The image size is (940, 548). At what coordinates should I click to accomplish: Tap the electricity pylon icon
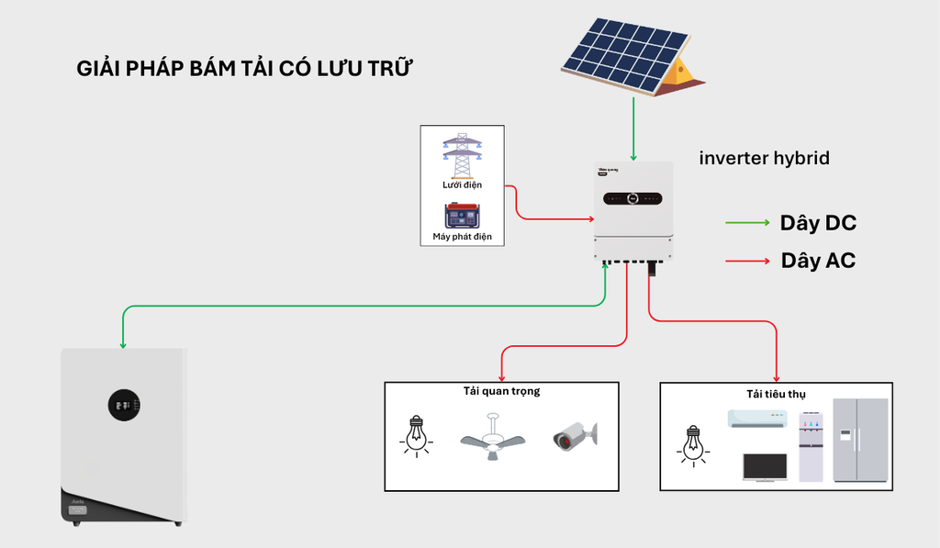pos(462,155)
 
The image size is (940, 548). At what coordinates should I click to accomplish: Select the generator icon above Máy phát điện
pos(462,215)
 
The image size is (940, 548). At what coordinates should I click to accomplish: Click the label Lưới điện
pos(462,185)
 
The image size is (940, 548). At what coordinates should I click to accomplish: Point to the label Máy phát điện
pos(462,237)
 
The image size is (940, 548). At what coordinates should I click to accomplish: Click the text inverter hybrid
pos(764,158)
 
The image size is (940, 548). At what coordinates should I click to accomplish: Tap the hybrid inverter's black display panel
pos(633,197)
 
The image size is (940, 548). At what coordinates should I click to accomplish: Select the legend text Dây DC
pos(818,223)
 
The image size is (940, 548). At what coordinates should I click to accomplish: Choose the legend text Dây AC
pos(818,261)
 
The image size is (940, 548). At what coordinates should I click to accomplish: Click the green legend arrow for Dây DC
pos(747,223)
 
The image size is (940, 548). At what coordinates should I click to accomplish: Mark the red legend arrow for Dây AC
pos(747,262)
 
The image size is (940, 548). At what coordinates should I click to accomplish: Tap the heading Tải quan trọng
pos(501,391)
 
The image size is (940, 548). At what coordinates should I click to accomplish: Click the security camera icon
pos(575,436)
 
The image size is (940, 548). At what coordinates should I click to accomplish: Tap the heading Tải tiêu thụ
pos(776,394)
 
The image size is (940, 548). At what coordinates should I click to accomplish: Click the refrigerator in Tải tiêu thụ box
pos(860,440)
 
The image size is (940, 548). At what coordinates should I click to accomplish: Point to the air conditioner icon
pos(757,419)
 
